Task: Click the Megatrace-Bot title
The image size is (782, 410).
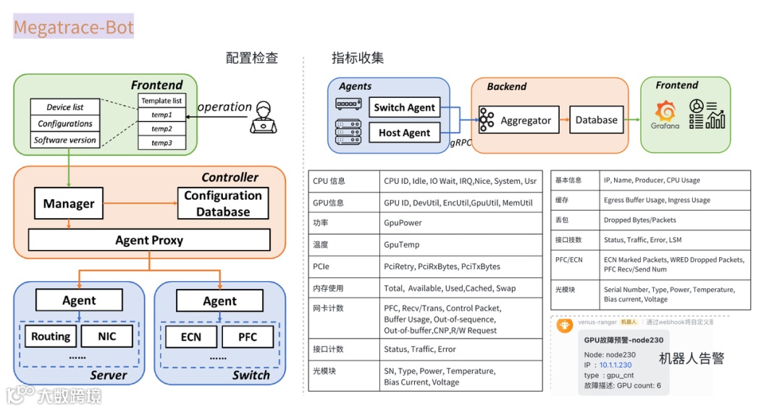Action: [73, 27]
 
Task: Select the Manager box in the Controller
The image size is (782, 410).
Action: [68, 204]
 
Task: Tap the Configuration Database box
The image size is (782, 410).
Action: [223, 204]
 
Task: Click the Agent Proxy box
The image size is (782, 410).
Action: [149, 240]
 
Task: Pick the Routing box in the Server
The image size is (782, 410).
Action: [51, 336]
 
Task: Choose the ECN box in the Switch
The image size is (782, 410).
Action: [190, 337]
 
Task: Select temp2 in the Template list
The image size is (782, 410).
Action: [161, 128]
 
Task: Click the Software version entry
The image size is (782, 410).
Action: [65, 141]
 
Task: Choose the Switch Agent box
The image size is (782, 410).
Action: [404, 107]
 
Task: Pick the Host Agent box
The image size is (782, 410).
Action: [403, 133]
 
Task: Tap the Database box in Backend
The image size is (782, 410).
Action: [597, 120]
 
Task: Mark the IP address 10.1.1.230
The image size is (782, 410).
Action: [615, 365]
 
